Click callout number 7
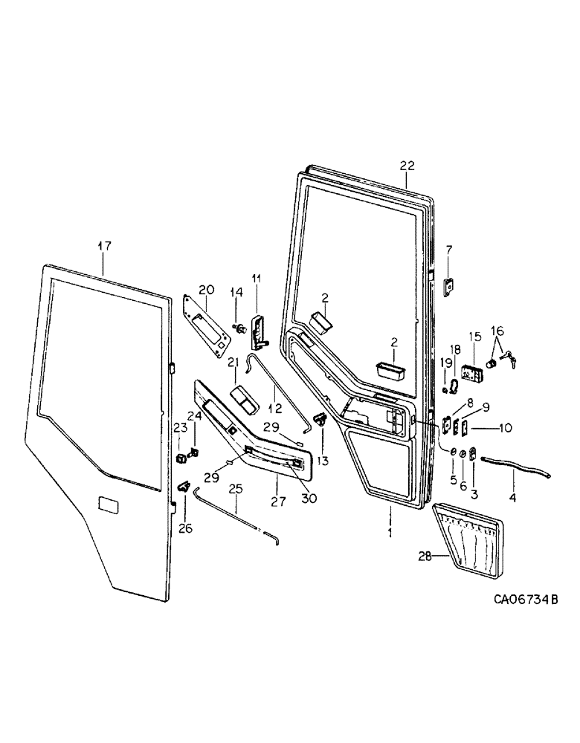448,249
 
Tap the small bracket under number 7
449,287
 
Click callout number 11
256,279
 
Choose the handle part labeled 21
243,398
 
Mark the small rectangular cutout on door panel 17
109,505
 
